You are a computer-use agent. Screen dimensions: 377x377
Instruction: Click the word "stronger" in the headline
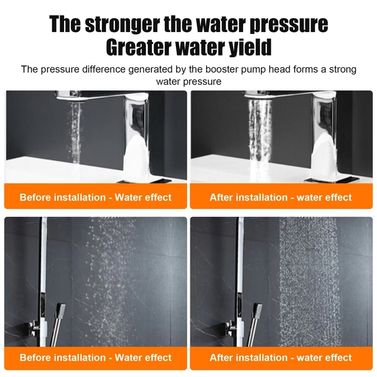pos(123,25)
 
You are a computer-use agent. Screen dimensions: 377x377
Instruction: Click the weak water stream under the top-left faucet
pos(74,132)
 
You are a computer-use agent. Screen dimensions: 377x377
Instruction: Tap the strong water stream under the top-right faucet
pos(260,131)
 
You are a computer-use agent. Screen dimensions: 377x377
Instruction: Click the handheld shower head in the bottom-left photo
pos(60,310)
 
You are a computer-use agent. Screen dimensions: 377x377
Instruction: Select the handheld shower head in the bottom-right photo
pos(257,310)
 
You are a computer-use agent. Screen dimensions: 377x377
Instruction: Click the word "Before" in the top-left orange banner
pos(35,197)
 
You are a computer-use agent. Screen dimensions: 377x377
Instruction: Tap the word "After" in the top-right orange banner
pos(221,197)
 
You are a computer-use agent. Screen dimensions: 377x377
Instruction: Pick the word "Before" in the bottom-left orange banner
pos(35,358)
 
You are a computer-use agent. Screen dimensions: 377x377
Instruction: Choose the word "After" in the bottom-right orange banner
pos(221,358)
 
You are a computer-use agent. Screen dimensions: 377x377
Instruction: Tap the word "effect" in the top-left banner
pos(157,197)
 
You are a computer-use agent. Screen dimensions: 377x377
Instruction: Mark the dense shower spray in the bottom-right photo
pos(310,281)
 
